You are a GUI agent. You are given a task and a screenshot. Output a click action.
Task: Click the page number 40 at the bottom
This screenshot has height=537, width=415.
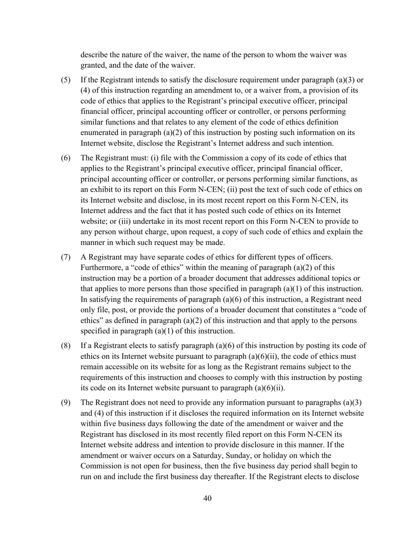click(207, 499)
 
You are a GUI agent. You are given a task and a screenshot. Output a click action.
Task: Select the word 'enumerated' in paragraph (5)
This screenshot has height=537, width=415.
click(100, 133)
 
